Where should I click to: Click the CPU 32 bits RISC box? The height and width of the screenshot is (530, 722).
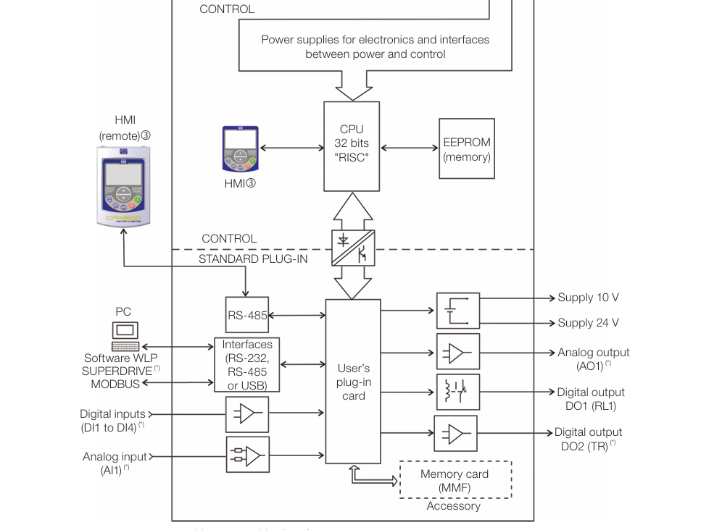point(352,146)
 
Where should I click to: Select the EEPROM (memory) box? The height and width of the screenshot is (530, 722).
point(467,149)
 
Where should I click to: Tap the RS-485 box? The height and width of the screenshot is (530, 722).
point(247,315)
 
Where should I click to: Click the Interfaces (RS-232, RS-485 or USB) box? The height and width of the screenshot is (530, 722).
point(247,364)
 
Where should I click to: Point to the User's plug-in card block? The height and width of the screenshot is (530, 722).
point(353,382)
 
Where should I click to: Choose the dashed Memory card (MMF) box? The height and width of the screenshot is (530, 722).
point(455,480)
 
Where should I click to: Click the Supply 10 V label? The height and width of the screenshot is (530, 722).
point(588,298)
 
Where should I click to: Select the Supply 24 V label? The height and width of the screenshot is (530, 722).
point(588,323)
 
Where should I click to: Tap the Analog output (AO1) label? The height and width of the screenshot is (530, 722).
point(593,359)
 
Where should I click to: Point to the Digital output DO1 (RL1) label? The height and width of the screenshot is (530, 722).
point(590,399)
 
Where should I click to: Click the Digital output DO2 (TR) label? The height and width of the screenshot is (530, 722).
point(588,439)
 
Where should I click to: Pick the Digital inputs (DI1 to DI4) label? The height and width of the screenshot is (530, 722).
point(112,421)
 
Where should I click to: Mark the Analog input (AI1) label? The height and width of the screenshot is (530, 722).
point(115,463)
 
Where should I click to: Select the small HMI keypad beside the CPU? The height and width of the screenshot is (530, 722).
point(241,148)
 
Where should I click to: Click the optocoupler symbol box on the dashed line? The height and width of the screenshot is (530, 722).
point(352,248)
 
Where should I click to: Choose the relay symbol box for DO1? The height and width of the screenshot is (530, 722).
point(458,392)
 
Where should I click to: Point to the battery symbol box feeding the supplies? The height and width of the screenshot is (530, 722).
point(458,311)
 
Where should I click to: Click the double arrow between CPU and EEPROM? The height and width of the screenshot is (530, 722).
point(410,148)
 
